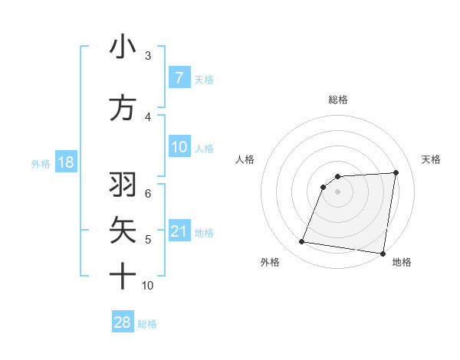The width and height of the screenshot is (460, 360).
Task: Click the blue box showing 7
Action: (179, 78)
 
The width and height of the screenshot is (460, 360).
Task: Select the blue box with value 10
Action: (179, 147)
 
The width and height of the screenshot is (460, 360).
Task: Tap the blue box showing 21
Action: (179, 231)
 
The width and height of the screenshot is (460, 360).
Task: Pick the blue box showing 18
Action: (65, 163)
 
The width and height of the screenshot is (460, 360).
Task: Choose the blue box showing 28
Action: (123, 322)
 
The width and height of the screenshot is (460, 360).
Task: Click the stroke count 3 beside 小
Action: (148, 56)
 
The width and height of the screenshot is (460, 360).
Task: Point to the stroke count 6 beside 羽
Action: (148, 192)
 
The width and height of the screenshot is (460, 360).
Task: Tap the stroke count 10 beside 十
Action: (148, 286)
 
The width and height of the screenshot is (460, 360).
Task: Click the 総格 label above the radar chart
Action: (337, 100)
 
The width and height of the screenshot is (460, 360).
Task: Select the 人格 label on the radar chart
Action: (245, 159)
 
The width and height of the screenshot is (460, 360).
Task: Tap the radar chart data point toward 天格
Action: (396, 172)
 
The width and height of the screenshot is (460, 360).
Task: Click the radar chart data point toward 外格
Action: (301, 242)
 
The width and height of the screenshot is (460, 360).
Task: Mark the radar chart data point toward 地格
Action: (383, 254)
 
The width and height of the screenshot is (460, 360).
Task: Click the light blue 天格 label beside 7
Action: (204, 79)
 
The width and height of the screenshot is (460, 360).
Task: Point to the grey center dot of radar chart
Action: (337, 191)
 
